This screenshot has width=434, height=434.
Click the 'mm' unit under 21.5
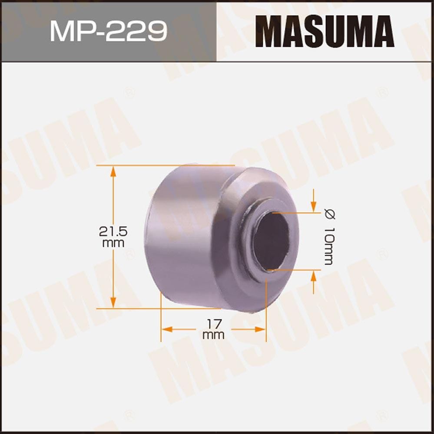113,243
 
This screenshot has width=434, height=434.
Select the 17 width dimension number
213,323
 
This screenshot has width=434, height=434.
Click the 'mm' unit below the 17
213,335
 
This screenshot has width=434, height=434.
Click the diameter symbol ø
329,214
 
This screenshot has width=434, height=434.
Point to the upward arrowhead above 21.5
113,170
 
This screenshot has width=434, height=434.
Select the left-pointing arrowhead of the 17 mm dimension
166,329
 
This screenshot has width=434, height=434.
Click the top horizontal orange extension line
165,165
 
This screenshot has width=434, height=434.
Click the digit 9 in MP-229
157,31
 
